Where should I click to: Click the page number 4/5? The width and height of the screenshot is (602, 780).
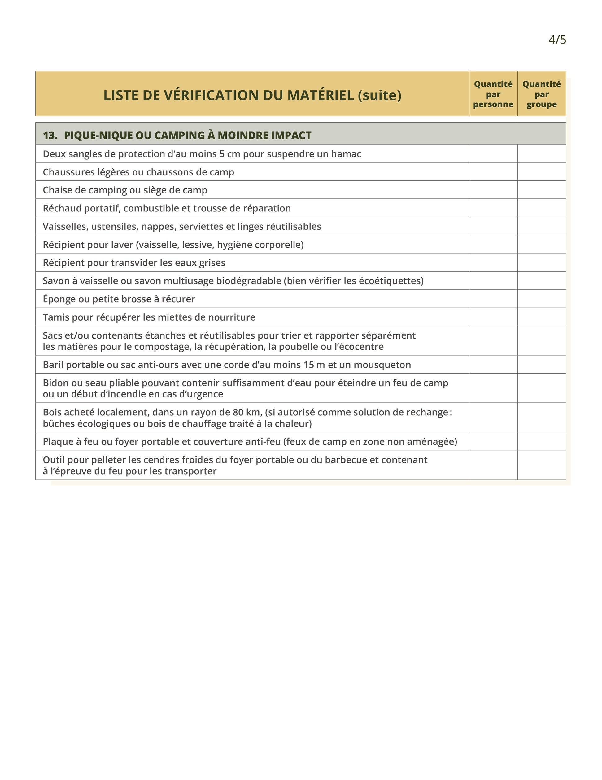tap(557, 40)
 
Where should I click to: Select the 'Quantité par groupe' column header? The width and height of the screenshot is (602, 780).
tap(541, 94)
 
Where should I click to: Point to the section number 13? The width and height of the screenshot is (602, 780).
tap(50, 135)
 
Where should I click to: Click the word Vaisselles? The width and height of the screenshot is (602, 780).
tap(65, 226)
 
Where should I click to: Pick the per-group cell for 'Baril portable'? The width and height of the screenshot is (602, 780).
tap(541, 364)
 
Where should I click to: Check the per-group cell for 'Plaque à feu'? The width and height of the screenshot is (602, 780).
tap(541, 441)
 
